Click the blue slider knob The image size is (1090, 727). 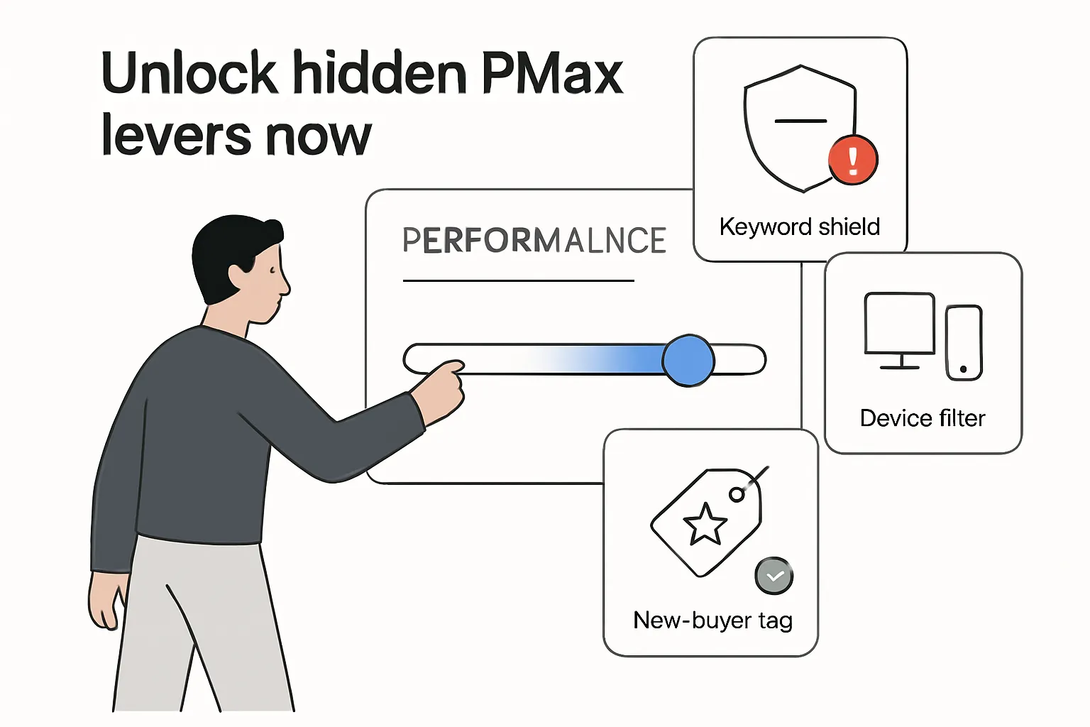(688, 361)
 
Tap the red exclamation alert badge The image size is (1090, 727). (853, 160)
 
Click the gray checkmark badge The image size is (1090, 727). (774, 576)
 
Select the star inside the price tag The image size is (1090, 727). (705, 525)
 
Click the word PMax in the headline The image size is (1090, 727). (552, 73)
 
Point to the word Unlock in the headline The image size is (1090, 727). (189, 73)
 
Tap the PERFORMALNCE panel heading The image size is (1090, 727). (534, 241)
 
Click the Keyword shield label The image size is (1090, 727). (799, 227)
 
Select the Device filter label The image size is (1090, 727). (922, 418)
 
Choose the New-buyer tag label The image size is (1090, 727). (712, 621)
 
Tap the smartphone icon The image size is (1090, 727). (964, 343)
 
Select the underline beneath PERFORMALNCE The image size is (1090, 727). (518, 281)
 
